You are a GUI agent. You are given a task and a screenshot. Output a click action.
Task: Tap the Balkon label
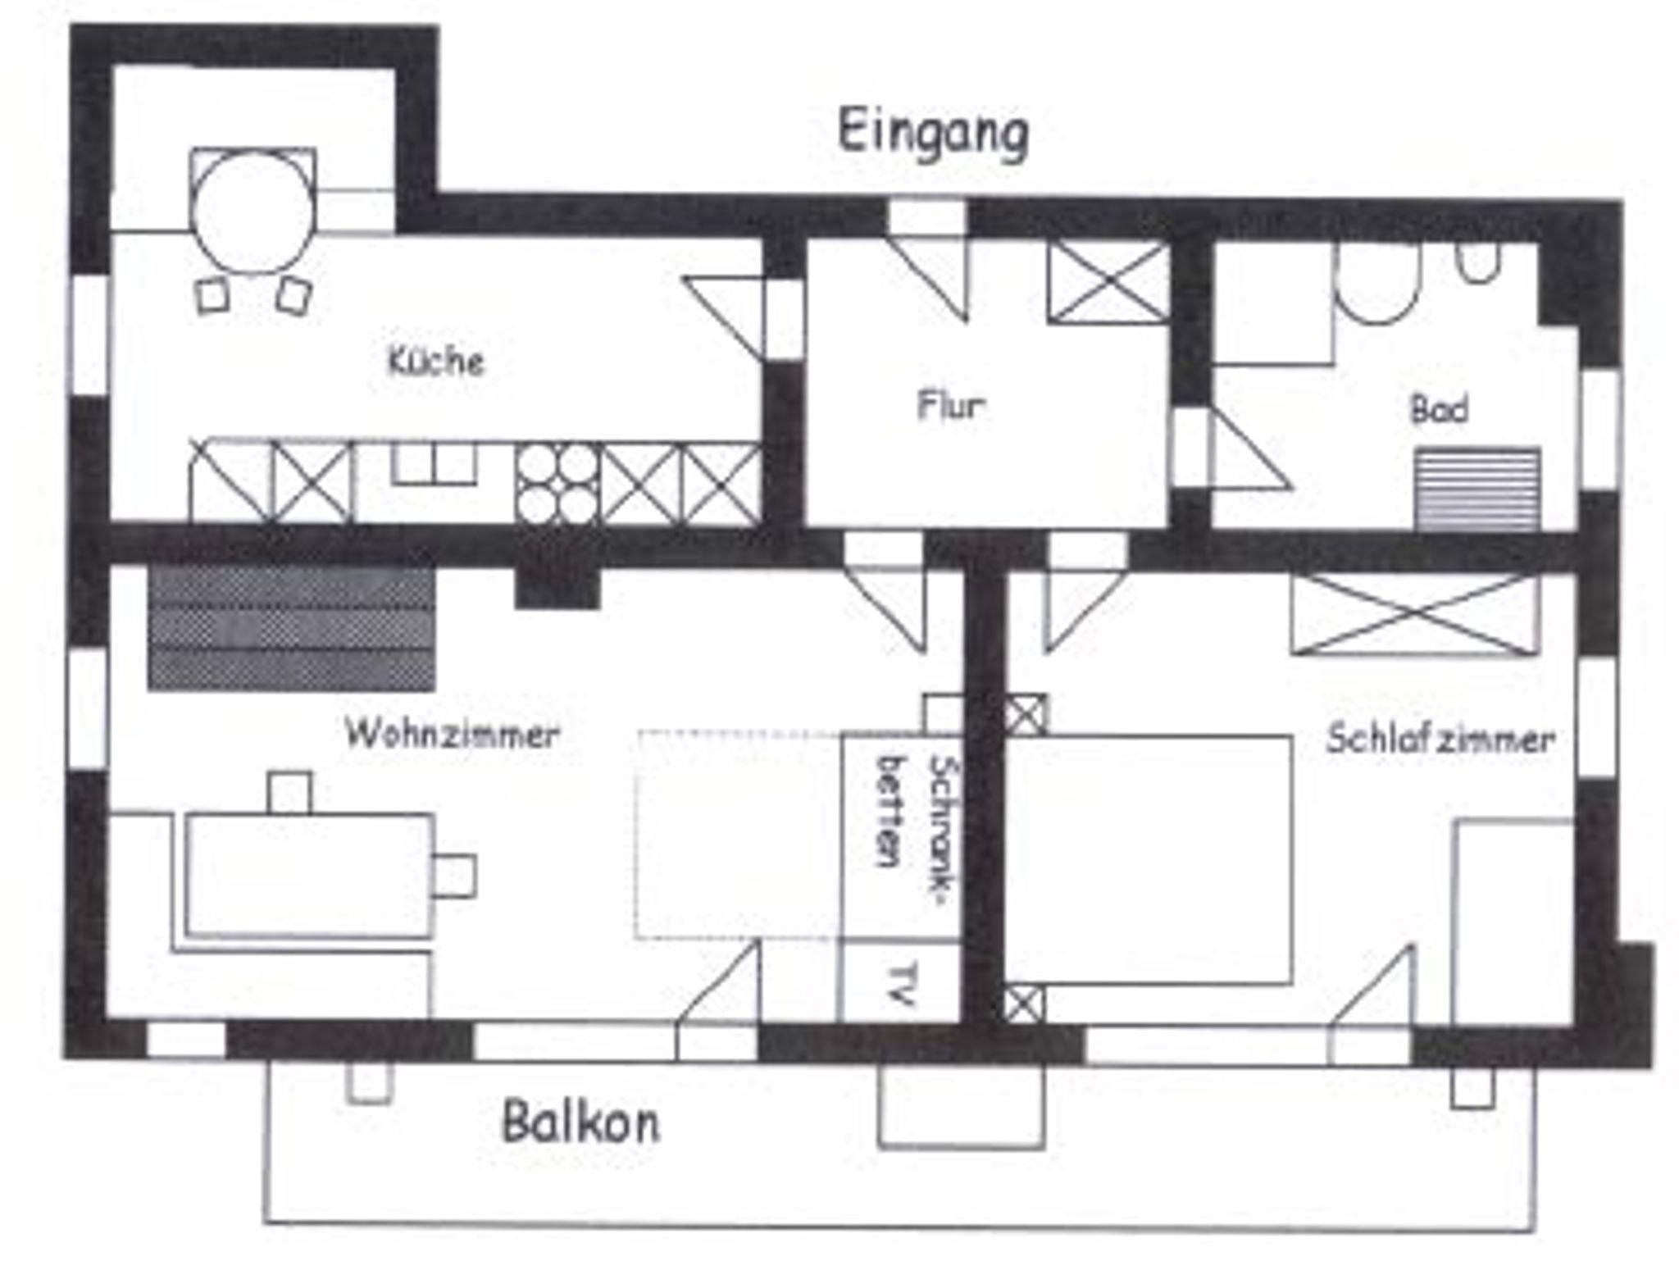(580, 1122)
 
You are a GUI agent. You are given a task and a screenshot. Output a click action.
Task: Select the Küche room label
(436, 361)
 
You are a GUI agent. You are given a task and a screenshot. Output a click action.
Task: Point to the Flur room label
(951, 405)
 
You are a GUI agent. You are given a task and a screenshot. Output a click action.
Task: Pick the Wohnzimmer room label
(453, 733)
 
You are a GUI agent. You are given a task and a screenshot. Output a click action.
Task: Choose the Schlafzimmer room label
(1440, 739)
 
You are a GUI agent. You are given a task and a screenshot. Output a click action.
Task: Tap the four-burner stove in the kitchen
(557, 485)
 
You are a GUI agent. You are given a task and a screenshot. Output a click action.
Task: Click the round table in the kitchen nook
(253, 212)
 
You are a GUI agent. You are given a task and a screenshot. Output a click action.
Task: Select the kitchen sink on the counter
(434, 464)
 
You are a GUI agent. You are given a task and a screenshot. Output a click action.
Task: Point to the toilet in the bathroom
(1376, 283)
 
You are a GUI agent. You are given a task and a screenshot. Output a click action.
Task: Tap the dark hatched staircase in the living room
(292, 628)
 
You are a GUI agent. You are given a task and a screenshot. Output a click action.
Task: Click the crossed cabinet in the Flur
(1108, 282)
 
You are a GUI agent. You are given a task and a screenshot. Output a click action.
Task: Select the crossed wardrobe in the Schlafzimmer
(1415, 614)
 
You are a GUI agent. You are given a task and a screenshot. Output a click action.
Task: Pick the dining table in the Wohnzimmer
(310, 874)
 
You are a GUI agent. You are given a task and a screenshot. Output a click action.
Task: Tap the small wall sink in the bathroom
(1479, 262)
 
